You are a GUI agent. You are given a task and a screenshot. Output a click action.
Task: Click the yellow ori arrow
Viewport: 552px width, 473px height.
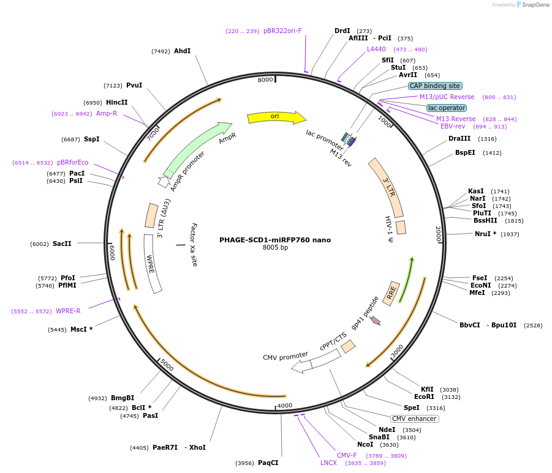point(276,117)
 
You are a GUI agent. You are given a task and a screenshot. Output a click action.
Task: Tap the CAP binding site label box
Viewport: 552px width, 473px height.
point(435,86)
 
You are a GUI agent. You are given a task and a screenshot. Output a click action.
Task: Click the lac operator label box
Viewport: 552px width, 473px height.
point(447,108)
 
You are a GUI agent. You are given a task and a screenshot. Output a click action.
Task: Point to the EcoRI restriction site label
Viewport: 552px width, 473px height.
point(424,397)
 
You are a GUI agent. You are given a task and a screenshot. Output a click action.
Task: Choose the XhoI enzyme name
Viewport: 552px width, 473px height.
point(197,447)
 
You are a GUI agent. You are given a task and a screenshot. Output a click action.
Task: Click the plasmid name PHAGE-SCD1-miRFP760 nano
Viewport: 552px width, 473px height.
point(275,240)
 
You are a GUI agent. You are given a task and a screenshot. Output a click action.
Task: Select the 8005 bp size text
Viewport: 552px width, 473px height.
point(275,248)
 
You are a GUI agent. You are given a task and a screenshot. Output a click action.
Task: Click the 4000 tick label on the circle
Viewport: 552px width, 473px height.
point(284,406)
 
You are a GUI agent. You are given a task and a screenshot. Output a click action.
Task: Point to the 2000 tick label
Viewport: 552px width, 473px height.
point(438,234)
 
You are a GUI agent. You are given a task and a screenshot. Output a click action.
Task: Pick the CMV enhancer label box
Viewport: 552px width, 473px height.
point(415,419)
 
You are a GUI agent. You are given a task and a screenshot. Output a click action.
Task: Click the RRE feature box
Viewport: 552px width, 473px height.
point(391,293)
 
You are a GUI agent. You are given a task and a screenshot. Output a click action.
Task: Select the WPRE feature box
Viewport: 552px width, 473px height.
point(152,263)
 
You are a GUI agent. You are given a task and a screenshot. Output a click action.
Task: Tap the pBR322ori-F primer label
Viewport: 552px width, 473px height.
point(282,31)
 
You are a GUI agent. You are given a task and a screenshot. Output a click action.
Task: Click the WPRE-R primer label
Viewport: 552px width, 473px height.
point(68,311)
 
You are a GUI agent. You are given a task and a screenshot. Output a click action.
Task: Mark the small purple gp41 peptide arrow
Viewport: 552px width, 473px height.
point(376,321)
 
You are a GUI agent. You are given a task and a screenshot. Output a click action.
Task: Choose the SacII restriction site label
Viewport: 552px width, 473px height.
point(62,244)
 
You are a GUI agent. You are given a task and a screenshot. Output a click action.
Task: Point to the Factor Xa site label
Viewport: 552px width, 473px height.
point(194,245)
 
